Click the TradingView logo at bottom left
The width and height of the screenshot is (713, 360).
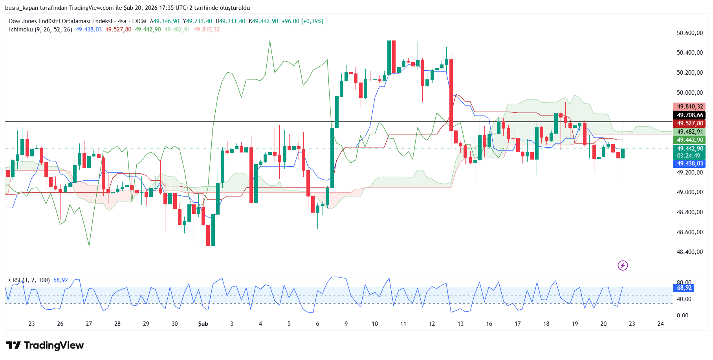pyautogui.click(x=45, y=345)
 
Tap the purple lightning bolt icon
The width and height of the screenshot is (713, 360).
pyautogui.click(x=623, y=266)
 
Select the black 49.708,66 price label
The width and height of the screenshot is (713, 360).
pyautogui.click(x=690, y=115)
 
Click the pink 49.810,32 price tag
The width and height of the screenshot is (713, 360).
pyautogui.click(x=690, y=107)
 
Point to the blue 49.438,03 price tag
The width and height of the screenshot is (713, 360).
pyautogui.click(x=690, y=163)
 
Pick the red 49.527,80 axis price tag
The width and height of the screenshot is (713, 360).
pyautogui.click(x=690, y=123)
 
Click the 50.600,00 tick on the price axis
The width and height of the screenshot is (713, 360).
pyautogui.click(x=689, y=33)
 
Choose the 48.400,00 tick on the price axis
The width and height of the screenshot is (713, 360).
pyautogui.click(x=689, y=252)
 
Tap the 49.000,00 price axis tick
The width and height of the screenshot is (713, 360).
pyautogui.click(x=689, y=192)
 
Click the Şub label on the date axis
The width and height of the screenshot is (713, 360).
pyautogui.click(x=203, y=324)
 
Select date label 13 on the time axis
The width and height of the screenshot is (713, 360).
pyautogui.click(x=460, y=324)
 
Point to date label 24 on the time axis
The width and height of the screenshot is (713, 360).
pyautogui.click(x=661, y=324)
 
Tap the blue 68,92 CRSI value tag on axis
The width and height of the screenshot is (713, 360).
pyautogui.click(x=684, y=288)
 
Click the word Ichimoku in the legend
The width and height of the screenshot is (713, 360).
pyautogui.click(x=21, y=29)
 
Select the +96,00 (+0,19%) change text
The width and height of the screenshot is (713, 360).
pyautogui.click(x=302, y=21)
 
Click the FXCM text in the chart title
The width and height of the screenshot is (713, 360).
pyautogui.click(x=139, y=21)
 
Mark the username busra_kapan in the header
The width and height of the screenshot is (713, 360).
pyautogui.click(x=22, y=8)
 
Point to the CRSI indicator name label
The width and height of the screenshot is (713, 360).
pyautogui.click(x=15, y=280)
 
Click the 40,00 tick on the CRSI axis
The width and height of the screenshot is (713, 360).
pyautogui.click(x=684, y=299)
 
